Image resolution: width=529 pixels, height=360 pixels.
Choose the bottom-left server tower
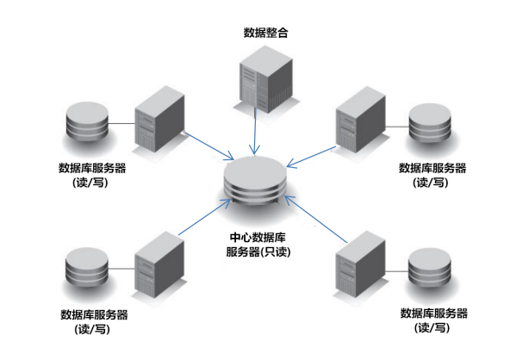[x=159, y=266]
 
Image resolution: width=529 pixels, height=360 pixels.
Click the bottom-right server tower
[x=359, y=269]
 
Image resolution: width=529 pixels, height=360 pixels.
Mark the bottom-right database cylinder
[x=430, y=270]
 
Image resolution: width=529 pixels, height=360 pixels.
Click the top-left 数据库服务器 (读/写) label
[x=91, y=175]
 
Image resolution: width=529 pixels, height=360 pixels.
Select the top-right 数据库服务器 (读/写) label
[x=432, y=175]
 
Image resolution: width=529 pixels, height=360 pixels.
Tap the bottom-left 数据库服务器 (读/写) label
[x=93, y=320]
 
